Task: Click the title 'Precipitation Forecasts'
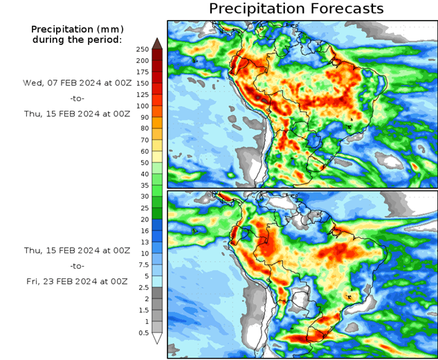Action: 295,9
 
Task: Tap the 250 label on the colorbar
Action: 143,49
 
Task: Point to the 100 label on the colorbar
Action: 143,106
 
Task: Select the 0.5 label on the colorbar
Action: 143,332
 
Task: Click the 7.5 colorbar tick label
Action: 143,264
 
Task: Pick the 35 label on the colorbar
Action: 143,185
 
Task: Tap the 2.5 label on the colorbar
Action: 143,287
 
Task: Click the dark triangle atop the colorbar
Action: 157,44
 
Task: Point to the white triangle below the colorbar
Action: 157,339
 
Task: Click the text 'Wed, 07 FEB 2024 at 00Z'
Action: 76,82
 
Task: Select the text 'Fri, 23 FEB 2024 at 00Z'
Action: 76,282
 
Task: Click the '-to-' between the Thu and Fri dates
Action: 77,265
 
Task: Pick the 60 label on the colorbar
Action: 143,151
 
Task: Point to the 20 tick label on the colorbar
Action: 143,219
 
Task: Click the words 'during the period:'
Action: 77,39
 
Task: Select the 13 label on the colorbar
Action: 143,242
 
